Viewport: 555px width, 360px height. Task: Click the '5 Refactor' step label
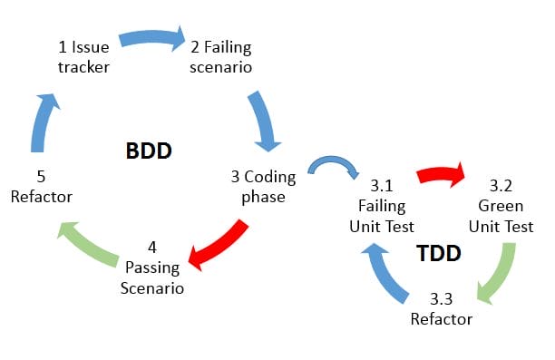[43, 186]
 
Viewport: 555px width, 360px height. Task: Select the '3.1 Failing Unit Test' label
[382, 206]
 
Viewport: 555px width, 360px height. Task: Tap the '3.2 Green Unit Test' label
[500, 206]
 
